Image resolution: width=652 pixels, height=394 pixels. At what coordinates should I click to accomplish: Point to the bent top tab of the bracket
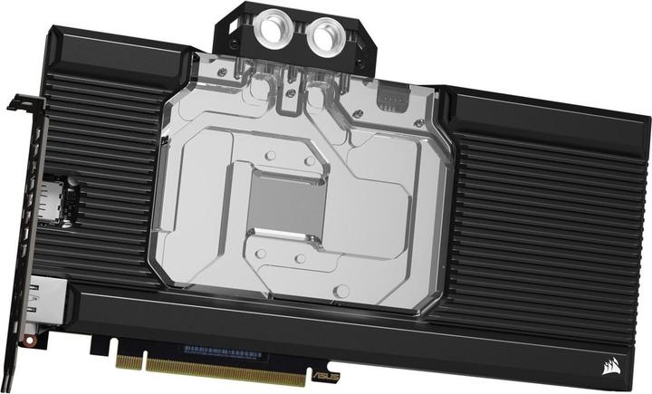click(19, 102)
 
